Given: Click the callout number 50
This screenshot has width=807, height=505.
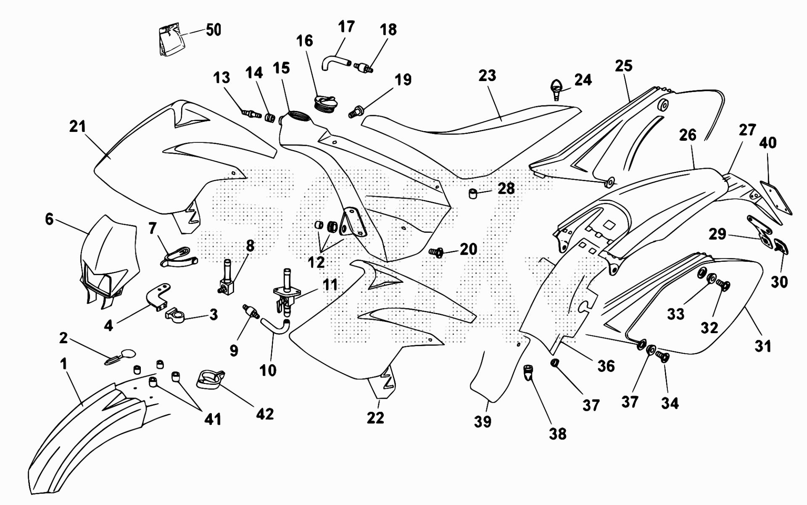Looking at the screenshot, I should (213, 30).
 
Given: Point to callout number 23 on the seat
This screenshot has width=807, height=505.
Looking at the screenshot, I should (487, 76).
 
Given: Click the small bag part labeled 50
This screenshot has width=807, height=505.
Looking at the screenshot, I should (171, 40).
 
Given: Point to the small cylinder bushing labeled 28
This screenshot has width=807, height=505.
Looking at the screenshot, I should (473, 194).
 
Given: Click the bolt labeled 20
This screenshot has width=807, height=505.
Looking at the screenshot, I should (437, 252).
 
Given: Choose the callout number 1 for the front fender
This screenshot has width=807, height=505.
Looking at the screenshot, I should (63, 364).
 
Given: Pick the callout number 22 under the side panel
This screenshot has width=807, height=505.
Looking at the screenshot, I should (375, 418).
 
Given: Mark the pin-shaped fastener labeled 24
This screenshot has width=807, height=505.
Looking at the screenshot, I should (556, 88).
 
